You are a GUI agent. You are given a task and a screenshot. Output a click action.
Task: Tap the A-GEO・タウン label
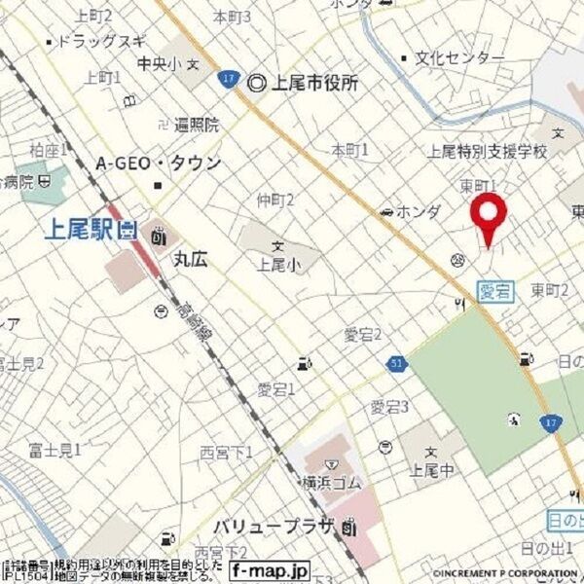[x=158, y=163]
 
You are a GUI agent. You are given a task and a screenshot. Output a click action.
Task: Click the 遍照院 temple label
[x=197, y=125]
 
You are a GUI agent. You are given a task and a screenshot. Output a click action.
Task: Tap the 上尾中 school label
[x=427, y=471]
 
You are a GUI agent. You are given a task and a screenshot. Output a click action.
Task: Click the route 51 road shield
[x=397, y=363]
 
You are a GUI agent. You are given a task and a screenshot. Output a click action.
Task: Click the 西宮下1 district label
[x=226, y=453]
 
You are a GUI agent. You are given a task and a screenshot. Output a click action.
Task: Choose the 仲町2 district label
[x=275, y=200]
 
